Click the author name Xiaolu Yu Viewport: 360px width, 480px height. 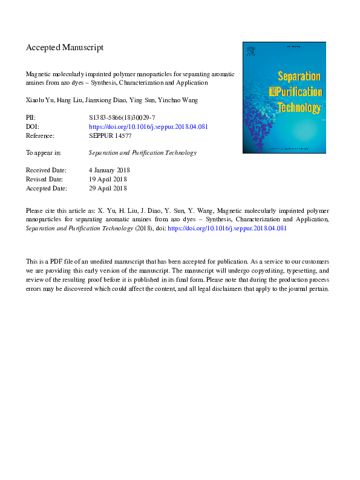tap(39, 99)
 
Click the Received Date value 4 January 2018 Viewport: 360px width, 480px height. tap(109, 170)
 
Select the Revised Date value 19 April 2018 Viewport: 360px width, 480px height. tap(108, 180)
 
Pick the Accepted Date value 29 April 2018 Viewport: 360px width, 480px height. tap(108, 189)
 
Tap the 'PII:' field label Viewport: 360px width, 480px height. tap(31, 115)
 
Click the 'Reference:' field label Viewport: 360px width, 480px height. tap(41, 137)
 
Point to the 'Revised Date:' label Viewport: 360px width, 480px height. tap(45, 180)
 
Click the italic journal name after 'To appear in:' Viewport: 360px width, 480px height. tap(142, 153)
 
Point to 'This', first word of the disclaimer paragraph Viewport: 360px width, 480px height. tap(31, 261)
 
